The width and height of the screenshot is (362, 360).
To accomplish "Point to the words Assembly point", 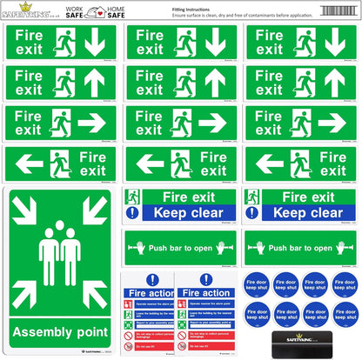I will (x=59, y=333).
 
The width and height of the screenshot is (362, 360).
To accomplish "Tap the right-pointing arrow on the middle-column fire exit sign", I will (x=211, y=123).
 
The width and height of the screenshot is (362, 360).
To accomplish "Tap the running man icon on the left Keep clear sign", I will (x=132, y=197).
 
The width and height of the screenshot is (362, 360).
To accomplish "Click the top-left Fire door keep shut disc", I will (x=256, y=284).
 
